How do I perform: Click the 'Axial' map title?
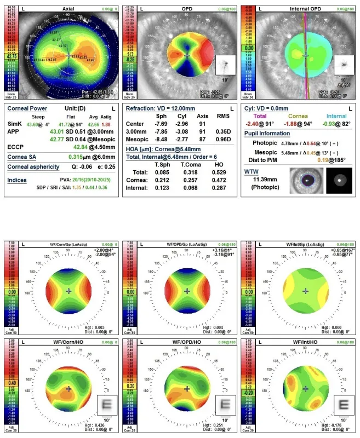pos(68,9)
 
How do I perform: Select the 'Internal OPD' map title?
pos(306,9)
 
